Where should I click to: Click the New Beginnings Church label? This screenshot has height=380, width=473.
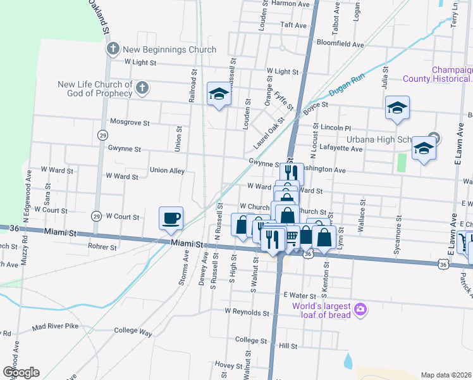click(x=169, y=49)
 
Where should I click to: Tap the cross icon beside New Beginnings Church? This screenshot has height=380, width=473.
click(x=113, y=49)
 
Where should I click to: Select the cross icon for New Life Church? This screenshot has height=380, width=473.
click(x=142, y=88)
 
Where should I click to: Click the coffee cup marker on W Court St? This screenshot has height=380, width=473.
click(x=171, y=218)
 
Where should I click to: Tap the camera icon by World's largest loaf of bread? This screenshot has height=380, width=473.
click(x=360, y=308)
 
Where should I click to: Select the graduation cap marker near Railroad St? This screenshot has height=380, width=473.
click(x=219, y=94)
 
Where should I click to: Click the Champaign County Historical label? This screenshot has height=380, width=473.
click(x=451, y=74)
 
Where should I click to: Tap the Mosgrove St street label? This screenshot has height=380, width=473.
click(x=130, y=122)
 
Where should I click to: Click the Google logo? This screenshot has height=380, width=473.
click(x=21, y=372)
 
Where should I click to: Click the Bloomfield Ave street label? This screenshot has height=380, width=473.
click(x=340, y=45)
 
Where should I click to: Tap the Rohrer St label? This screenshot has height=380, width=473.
click(x=103, y=246)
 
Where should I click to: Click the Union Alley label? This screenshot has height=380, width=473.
click(x=167, y=170)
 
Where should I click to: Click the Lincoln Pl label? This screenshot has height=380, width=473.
click(x=335, y=127)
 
